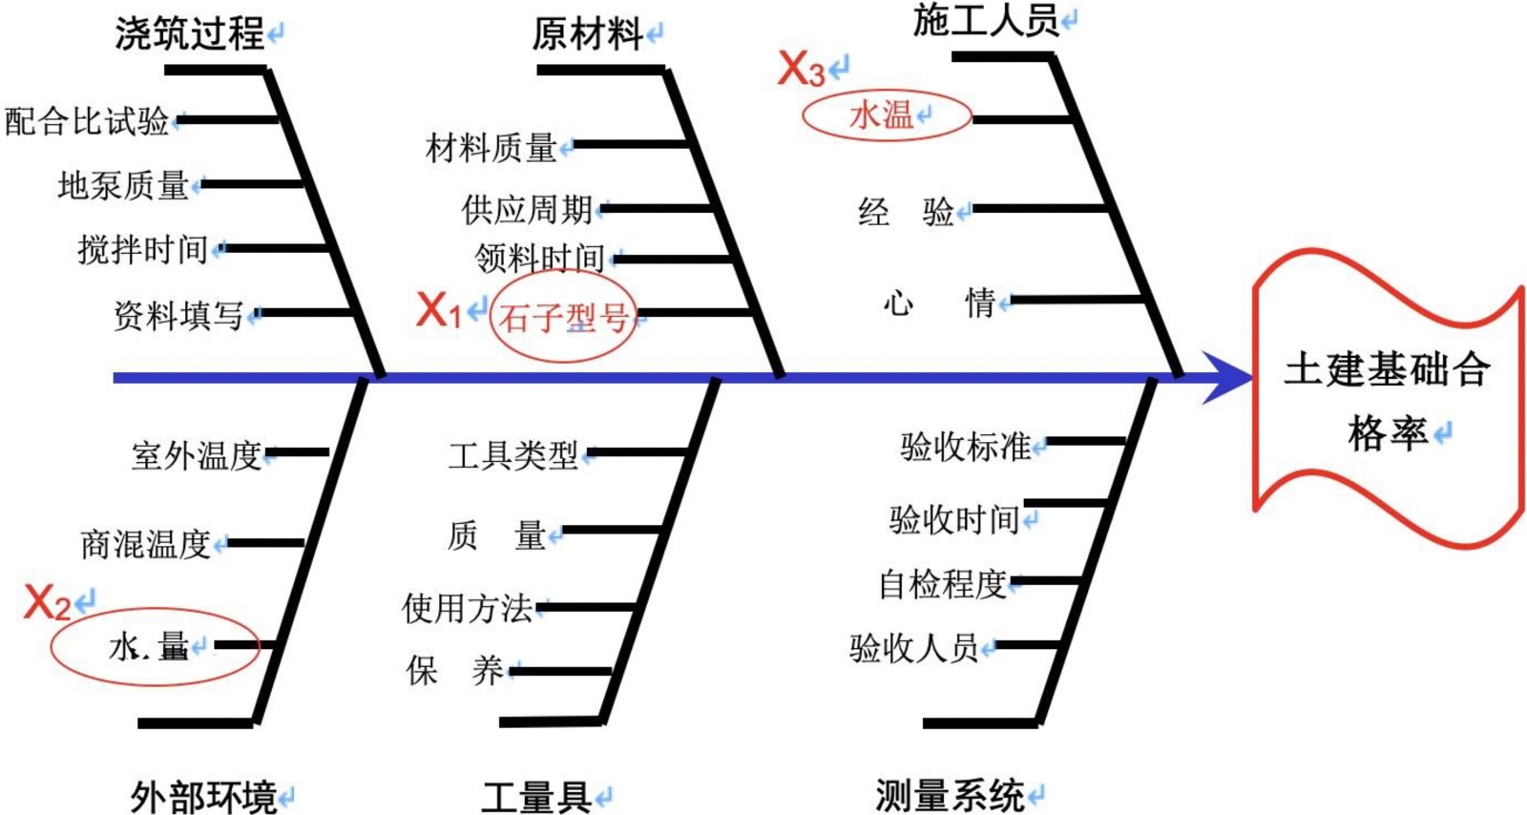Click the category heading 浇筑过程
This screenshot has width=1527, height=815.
tap(189, 34)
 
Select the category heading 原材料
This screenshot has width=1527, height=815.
tap(587, 34)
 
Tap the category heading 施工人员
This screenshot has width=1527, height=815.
tap(986, 19)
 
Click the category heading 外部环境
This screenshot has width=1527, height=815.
tap(202, 795)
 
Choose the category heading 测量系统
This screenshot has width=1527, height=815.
tap(950, 794)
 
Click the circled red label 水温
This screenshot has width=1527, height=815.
tap(882, 115)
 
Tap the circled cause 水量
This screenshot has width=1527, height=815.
tap(150, 646)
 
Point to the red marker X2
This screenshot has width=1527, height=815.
tap(47, 603)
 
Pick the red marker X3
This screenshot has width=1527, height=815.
tap(801, 69)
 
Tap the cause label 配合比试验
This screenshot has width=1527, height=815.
tap(87, 121)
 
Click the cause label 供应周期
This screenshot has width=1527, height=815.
tap(527, 209)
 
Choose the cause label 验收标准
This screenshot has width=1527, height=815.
tap(965, 446)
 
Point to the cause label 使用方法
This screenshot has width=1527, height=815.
tap(467, 607)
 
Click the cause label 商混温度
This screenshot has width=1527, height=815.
tap(145, 544)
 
